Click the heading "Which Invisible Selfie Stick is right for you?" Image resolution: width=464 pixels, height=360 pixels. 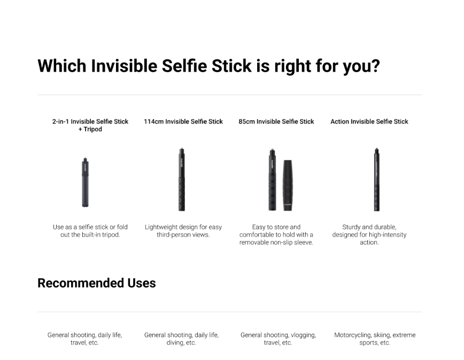coord(208,66)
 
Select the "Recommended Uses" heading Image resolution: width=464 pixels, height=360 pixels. coord(96,283)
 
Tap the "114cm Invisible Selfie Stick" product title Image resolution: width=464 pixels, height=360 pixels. coord(183,121)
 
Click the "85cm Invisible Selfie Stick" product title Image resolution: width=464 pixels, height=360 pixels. coord(276,121)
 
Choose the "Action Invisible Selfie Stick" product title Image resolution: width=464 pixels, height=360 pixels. coord(369,121)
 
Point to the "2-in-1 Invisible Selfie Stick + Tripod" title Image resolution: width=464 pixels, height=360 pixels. coord(90,125)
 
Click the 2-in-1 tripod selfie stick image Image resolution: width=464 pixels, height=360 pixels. coord(85,182)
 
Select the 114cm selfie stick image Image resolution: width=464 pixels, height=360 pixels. coord(182,179)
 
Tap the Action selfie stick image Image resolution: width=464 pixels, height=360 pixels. coord(376,179)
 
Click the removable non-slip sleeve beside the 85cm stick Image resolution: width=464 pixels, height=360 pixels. coord(288,185)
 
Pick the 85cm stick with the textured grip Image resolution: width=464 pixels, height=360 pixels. coord(272,179)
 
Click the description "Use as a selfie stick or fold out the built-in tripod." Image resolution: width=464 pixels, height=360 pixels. coord(90,231)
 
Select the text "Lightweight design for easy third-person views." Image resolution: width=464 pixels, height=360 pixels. coord(183,231)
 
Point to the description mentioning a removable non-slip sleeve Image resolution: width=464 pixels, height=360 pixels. coord(276,235)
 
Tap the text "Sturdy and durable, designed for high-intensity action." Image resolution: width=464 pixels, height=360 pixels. coord(369,235)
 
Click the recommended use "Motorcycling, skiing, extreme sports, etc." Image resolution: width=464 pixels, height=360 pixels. coord(375,339)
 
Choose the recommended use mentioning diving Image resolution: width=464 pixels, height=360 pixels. coord(181,339)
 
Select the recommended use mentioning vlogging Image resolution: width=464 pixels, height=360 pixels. coord(278,339)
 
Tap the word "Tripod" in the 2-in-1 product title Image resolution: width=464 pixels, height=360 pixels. coord(92,129)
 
